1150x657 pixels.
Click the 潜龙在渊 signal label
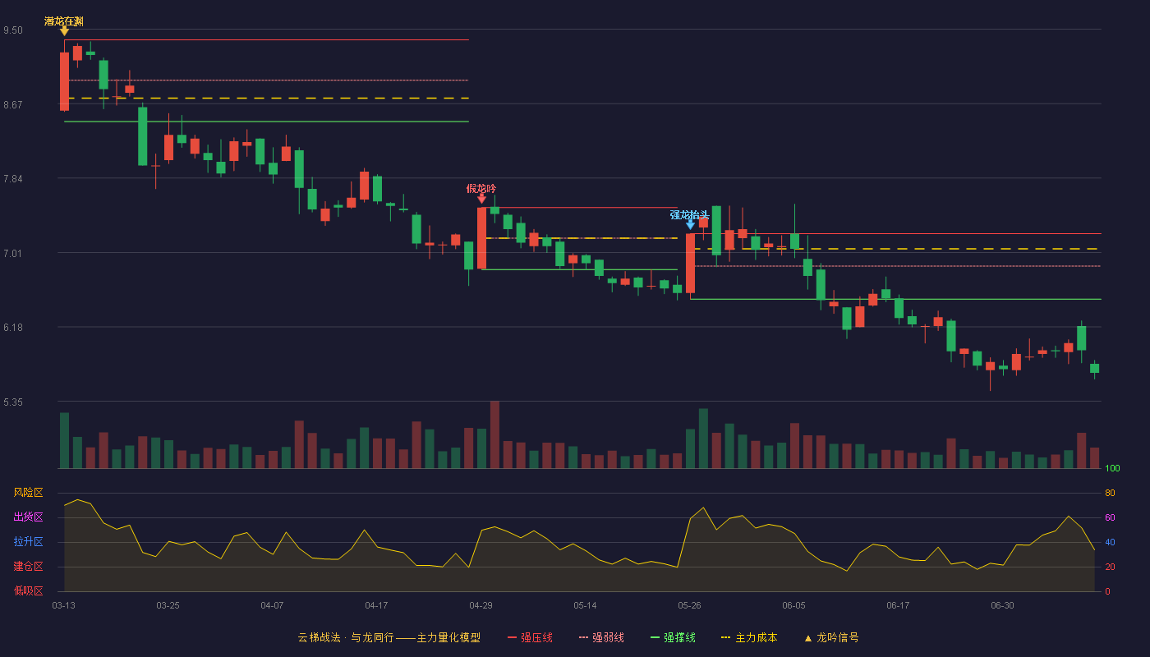point(64,21)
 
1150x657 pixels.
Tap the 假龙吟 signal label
point(481,188)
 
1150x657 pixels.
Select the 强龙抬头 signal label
point(689,214)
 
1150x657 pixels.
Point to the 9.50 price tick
point(13,30)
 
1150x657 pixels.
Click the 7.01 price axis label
point(13,253)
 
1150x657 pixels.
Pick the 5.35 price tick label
point(13,402)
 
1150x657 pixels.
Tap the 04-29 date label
point(481,606)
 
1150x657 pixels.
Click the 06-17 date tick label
point(898,606)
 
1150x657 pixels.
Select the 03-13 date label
point(64,606)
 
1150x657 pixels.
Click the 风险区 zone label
point(28,492)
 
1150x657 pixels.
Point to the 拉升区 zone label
point(28,541)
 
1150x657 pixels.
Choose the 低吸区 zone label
point(28,590)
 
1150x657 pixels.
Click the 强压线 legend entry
point(530,637)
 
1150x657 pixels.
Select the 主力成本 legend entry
point(749,637)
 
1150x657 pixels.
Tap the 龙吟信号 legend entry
point(831,637)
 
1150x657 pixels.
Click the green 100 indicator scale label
point(1112,468)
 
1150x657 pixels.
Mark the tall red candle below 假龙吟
point(481,237)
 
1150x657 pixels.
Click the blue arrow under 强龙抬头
point(691,225)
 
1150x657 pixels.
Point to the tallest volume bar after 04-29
point(494,434)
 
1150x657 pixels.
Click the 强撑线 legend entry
point(673,637)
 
